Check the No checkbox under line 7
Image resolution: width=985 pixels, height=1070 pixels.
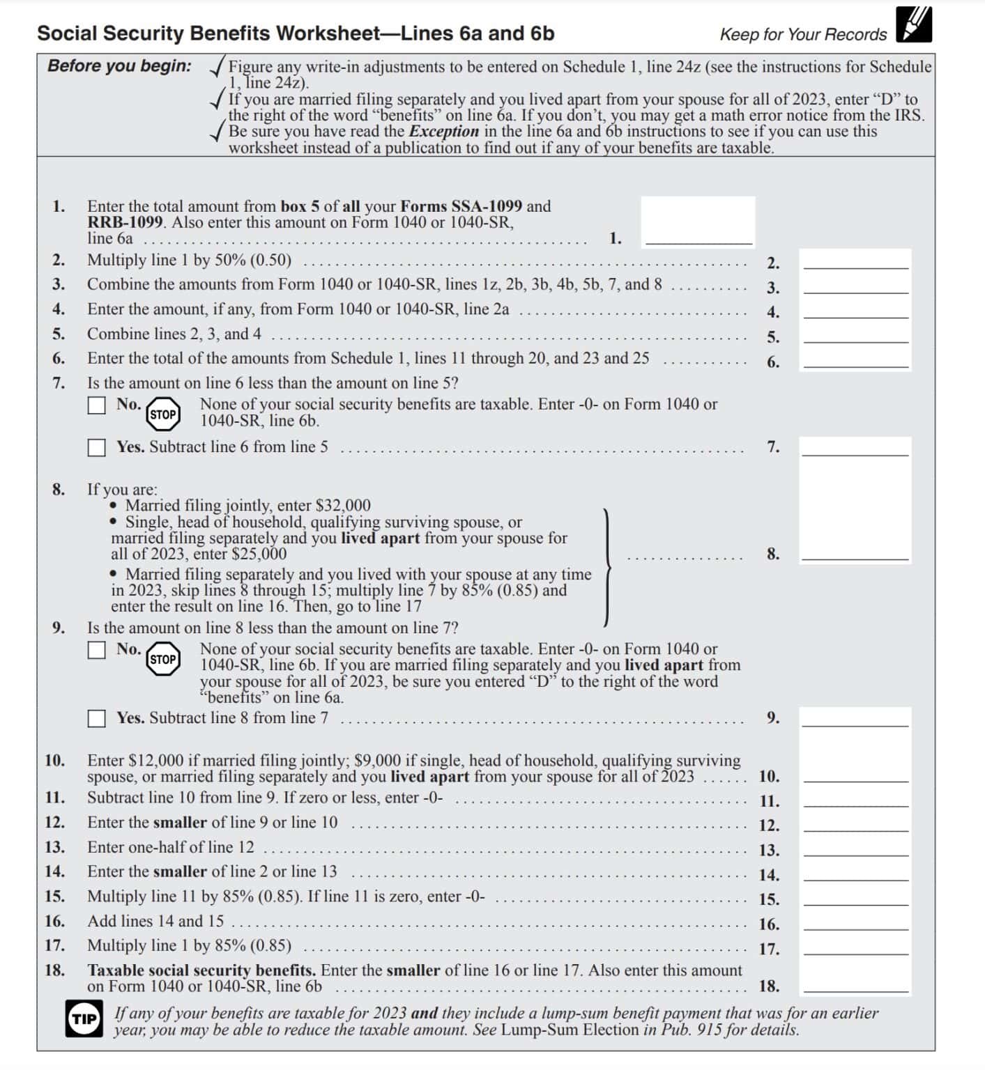point(96,405)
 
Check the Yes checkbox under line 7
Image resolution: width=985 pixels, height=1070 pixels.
point(96,448)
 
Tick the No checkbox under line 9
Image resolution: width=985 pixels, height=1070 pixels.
point(96,650)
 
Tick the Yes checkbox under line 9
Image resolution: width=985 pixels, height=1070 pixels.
point(96,719)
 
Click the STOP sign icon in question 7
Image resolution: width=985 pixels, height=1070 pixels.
point(163,414)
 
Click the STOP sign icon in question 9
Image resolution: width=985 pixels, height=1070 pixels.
point(163,659)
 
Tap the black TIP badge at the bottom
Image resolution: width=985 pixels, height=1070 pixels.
point(84,1020)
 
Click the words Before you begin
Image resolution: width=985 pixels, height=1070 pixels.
point(119,67)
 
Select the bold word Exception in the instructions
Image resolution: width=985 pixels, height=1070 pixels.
point(443,132)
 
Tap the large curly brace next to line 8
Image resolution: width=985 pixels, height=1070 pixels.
point(609,567)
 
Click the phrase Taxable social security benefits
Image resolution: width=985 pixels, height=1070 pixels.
point(201,970)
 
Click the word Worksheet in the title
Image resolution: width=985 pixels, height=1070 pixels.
point(326,33)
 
